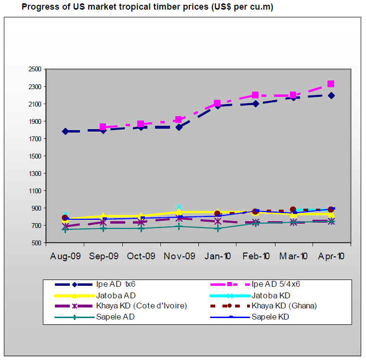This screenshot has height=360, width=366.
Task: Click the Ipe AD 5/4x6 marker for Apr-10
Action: (x=331, y=84)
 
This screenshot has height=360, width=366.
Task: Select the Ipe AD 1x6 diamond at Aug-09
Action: (x=65, y=131)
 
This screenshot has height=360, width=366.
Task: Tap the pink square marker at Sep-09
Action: (x=103, y=127)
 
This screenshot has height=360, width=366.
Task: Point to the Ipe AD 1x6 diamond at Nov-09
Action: (x=179, y=127)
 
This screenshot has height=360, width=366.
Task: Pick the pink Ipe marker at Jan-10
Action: (x=217, y=103)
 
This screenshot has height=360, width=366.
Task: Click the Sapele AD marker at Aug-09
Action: (x=65, y=229)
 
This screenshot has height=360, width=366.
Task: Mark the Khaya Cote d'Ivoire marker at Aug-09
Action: (x=65, y=226)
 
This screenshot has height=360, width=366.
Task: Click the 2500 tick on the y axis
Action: (x=35, y=69)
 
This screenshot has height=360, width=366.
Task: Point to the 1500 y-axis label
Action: (x=35, y=156)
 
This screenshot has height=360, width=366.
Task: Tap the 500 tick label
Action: (x=37, y=243)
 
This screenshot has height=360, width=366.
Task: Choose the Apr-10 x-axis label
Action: (x=331, y=256)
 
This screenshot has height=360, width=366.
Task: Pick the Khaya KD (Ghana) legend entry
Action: (x=284, y=306)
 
